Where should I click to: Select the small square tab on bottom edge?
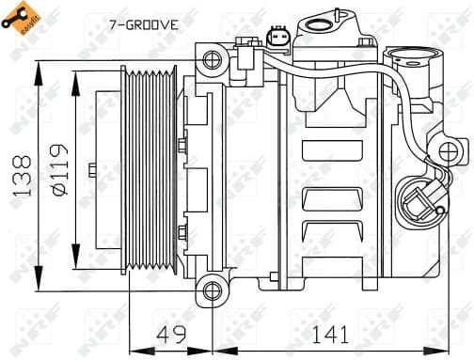[x=274, y=278]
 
